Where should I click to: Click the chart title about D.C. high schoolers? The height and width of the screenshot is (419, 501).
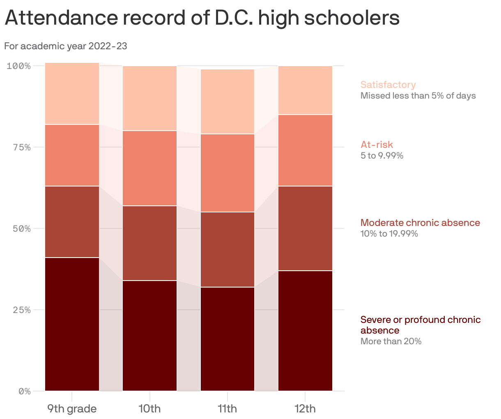pos(202,18)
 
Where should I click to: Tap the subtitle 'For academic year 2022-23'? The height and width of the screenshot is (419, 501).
pos(66,46)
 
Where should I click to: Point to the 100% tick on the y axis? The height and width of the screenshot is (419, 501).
pos(18,66)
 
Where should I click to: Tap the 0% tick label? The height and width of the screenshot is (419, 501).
pos(24,391)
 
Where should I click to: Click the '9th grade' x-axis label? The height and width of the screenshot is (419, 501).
pos(72,409)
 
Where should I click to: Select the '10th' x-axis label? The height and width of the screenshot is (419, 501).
pos(149,409)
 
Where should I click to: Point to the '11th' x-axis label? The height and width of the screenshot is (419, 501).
pos(227,409)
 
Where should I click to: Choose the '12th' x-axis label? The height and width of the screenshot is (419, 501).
pos(305,409)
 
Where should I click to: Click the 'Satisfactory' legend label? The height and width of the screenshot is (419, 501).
pos(388,85)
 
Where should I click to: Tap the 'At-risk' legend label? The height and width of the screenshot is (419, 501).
pos(377,145)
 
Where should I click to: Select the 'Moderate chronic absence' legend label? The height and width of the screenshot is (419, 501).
pos(420,223)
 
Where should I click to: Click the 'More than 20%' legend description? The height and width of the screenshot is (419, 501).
pos(391,341)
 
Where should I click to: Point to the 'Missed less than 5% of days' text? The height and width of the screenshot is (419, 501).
pos(418,96)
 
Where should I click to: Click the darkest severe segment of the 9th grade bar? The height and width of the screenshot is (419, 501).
pos(72,324)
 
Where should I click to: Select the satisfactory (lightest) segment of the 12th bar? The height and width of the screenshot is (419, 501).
pos(305,90)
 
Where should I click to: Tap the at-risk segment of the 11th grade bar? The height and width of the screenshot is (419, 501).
pos(227,173)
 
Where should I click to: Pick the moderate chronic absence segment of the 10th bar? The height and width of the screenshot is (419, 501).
pos(149,243)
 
